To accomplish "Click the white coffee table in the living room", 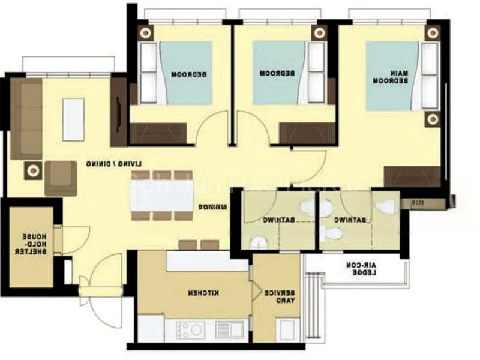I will coord(73,119).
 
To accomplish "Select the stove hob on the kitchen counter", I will coord(189,329).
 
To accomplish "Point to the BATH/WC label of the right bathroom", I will coord(354,221).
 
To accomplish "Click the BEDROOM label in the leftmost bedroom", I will coord(189,74).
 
